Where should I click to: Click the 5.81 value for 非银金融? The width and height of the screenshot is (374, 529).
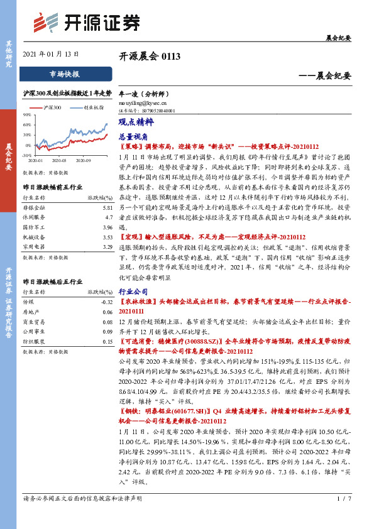[107, 207]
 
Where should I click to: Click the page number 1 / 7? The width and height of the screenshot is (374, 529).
[343, 516]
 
